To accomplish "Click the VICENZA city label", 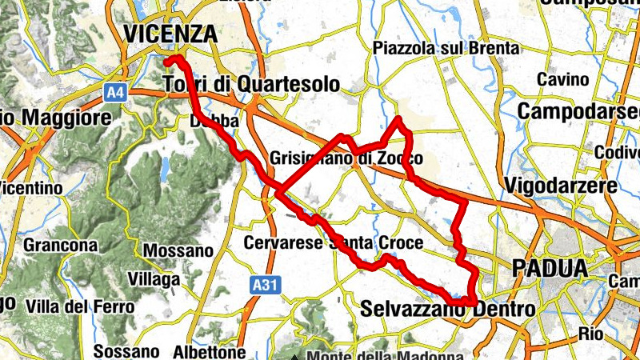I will (x=170, y=34).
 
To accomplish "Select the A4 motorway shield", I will (x=116, y=93).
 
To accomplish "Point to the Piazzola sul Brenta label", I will (x=446, y=49).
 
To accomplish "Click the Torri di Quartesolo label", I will (x=251, y=85).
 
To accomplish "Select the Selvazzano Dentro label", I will (x=448, y=308).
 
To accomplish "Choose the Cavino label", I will (x=562, y=80).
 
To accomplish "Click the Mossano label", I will (x=178, y=250).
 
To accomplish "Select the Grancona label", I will (x=61, y=245).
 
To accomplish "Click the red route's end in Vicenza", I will (x=166, y=61).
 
